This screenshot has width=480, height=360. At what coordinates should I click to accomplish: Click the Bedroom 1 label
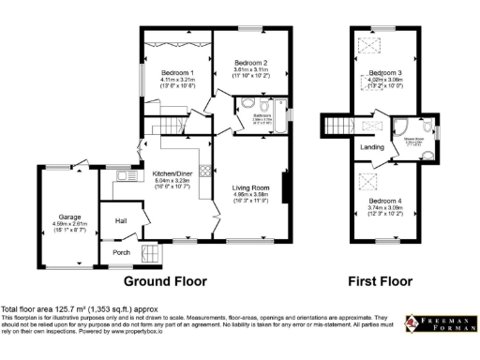click(x=176, y=73)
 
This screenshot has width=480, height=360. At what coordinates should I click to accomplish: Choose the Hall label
click(x=121, y=220)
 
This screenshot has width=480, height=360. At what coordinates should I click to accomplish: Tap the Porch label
click(x=121, y=252)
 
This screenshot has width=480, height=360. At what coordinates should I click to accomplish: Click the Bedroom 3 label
click(x=385, y=73)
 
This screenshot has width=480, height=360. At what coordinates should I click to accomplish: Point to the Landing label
click(x=371, y=147)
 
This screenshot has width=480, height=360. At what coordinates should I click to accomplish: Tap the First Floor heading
click(x=380, y=280)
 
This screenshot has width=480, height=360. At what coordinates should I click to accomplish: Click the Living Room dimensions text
click(x=251, y=201)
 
